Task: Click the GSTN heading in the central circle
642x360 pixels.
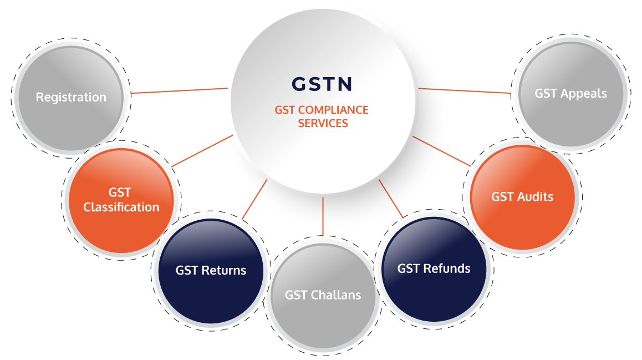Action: (322, 84)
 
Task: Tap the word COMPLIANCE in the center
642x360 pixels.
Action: (333, 110)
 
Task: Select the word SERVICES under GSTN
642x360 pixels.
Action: (323, 123)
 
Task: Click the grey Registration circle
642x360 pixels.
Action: (72, 98)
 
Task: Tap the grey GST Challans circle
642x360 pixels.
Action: (323, 296)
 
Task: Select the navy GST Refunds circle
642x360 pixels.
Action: (434, 269)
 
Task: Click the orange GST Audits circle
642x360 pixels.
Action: (522, 197)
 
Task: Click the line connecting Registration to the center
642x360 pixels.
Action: (179, 90)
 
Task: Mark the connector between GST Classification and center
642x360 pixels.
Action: (202, 151)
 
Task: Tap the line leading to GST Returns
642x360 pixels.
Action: (254, 199)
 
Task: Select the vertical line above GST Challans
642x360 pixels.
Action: (323, 217)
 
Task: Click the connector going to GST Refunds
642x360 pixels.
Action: (391, 198)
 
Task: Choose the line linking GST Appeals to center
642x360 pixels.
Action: (465, 90)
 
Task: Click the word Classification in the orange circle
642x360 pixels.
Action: (121, 207)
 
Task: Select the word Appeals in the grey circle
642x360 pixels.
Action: (583, 94)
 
